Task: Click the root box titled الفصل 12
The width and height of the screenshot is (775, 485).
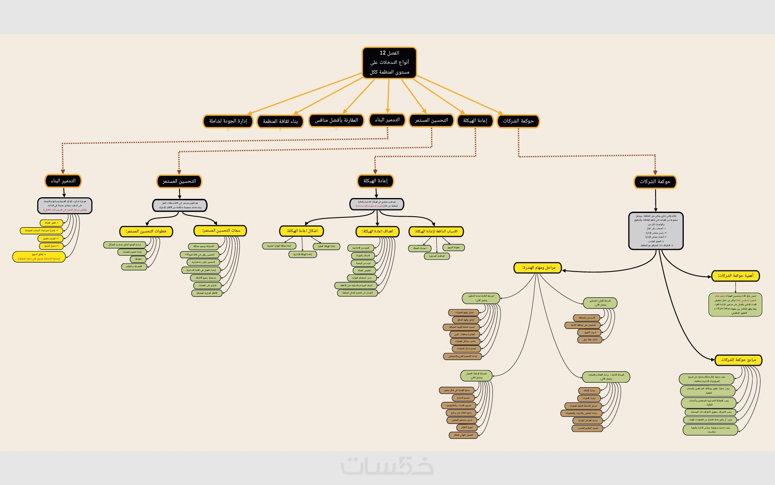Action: click(389, 63)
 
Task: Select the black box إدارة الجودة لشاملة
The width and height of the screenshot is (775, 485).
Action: click(228, 121)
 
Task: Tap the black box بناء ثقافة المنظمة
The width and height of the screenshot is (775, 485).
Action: click(280, 121)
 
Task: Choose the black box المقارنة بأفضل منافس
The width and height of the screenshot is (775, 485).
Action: click(336, 120)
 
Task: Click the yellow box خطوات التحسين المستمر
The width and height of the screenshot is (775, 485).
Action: click(146, 231)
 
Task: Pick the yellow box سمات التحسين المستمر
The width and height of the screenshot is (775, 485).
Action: click(220, 230)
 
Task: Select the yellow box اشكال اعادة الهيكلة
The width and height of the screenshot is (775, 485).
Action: click(302, 231)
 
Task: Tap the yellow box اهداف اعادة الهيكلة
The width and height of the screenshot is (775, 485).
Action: click(377, 231)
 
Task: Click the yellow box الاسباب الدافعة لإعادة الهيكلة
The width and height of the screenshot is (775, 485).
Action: click(436, 231)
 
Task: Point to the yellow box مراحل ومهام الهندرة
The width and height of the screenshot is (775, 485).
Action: click(538, 268)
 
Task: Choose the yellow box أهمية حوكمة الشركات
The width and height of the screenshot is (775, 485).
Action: click(735, 276)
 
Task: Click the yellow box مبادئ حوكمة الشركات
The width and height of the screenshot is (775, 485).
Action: click(738, 360)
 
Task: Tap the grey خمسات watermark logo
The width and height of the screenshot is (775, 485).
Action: click(387, 466)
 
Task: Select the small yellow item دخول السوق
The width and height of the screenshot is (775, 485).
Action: click(51, 246)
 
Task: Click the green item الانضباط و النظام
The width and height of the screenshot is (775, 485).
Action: click(134, 267)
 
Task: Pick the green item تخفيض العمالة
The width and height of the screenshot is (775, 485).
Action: click(364, 270)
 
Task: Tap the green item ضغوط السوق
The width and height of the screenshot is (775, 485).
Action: click(453, 247)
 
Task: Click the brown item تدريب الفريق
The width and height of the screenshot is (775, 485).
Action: click(589, 332)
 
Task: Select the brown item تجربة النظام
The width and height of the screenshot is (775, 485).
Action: click(467, 427)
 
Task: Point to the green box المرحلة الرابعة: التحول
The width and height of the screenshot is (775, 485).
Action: click(476, 376)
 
